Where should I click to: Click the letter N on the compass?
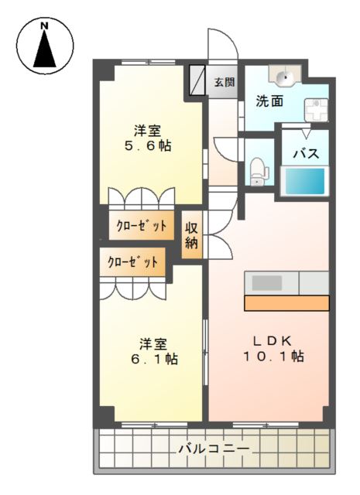click(45, 26)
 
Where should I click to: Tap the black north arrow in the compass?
click(45, 49)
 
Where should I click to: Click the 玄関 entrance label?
click(225, 82)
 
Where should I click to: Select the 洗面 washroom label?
click(269, 101)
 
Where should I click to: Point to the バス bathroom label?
click(306, 154)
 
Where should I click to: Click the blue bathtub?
click(305, 181)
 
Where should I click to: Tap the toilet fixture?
click(259, 172)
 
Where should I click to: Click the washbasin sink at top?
click(284, 76)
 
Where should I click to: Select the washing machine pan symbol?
click(316, 110)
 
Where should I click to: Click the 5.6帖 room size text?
click(148, 146)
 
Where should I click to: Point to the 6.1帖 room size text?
click(154, 359)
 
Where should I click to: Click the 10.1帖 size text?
click(273, 356)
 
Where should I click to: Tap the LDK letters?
click(273, 340)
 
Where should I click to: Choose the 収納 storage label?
click(191, 235)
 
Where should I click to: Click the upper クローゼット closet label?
click(141, 226)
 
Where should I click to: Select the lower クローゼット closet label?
click(132, 261)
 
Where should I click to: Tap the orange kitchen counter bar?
click(286, 303)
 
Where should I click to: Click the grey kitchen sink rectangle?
click(267, 283)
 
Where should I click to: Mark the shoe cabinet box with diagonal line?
click(197, 80)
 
